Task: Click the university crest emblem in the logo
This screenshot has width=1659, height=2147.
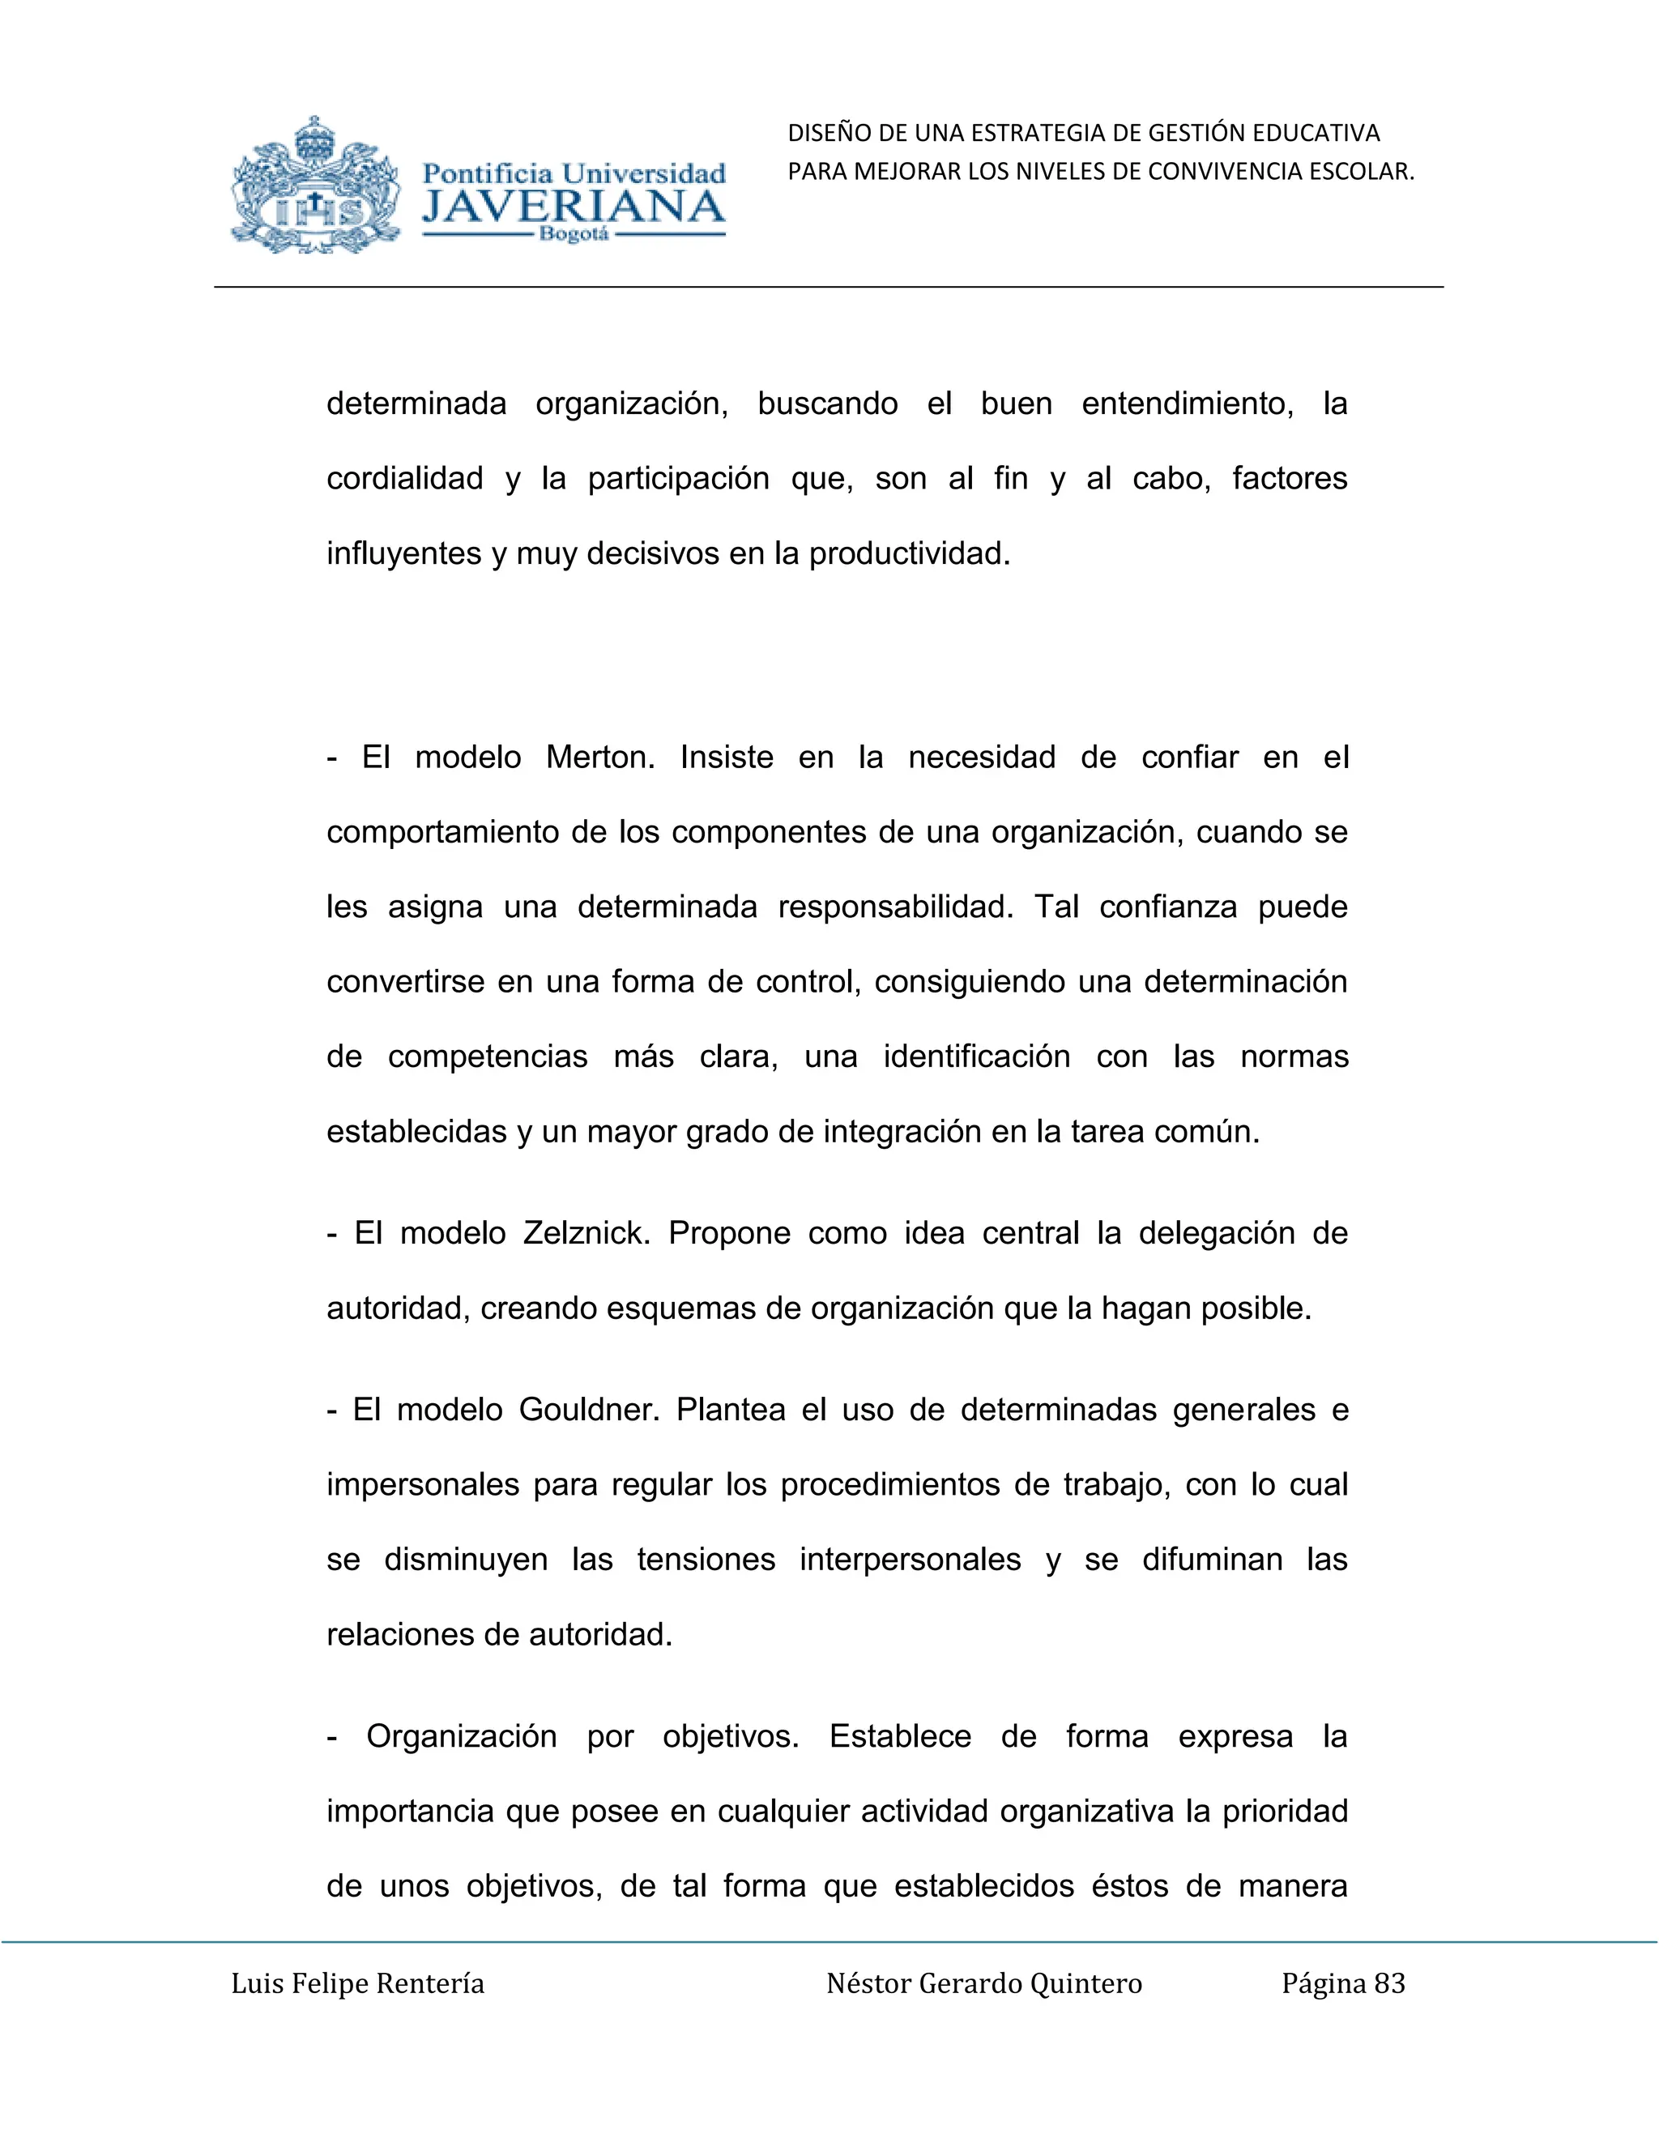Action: point(315,187)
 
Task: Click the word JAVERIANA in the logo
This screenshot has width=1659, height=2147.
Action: point(574,207)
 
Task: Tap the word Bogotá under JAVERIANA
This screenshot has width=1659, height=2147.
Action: point(574,235)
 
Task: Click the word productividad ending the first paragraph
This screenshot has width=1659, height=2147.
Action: point(909,554)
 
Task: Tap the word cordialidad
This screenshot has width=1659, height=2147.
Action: point(404,479)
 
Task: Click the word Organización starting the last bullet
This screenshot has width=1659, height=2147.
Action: point(461,1736)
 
